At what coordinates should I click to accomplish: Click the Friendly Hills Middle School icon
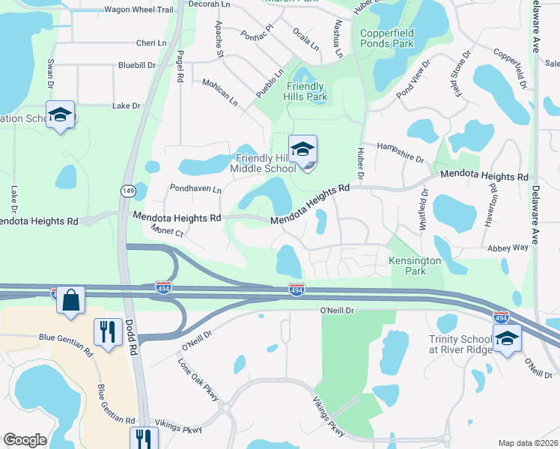pyautogui.click(x=302, y=149)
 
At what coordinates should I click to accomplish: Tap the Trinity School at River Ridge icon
pyautogui.click(x=507, y=339)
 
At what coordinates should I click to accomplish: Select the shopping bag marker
pyautogui.click(x=70, y=301)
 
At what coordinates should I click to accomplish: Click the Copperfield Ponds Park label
pyautogui.click(x=386, y=38)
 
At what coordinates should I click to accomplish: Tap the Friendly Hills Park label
pyautogui.click(x=305, y=92)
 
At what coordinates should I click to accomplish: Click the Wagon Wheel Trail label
pyautogui.click(x=139, y=8)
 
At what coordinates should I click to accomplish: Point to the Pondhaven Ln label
pyautogui.click(x=195, y=189)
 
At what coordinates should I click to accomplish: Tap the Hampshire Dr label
pyautogui.click(x=400, y=153)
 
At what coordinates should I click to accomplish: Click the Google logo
pyautogui.click(x=25, y=440)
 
